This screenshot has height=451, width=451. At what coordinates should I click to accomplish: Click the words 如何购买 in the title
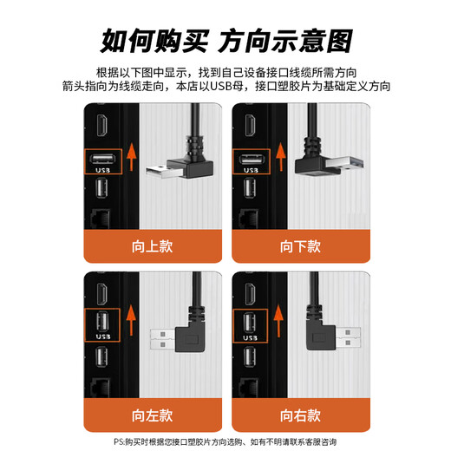(153, 40)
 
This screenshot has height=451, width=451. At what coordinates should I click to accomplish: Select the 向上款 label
(153, 245)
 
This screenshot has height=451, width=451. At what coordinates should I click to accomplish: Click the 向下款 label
(300, 245)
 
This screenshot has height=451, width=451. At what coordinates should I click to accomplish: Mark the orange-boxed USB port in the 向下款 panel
(249, 161)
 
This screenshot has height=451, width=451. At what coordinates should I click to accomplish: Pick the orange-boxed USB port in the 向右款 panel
(249, 325)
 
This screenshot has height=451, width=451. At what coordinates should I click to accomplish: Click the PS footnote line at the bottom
(225, 442)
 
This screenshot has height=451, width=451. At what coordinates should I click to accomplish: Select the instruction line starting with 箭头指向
(225, 87)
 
